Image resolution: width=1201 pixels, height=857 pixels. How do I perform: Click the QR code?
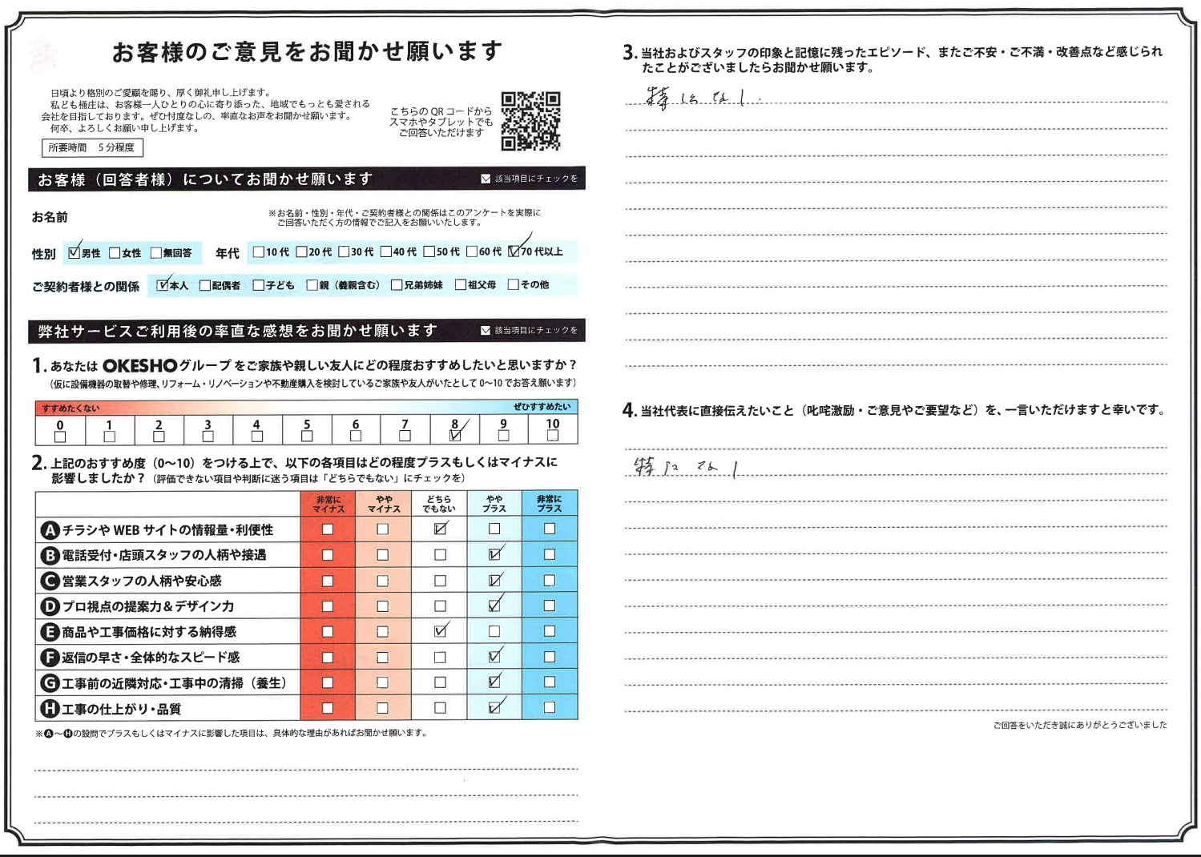coord(530,121)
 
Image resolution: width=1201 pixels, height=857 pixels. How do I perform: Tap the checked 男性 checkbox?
coord(75,253)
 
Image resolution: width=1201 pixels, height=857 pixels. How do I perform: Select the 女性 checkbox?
coord(115,253)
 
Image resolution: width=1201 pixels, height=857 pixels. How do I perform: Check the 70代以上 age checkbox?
coord(514,251)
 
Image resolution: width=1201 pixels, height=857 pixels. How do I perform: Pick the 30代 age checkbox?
coord(344,251)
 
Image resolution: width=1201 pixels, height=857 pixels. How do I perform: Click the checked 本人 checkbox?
coord(163,285)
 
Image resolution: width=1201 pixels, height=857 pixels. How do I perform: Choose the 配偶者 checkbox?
coord(205,285)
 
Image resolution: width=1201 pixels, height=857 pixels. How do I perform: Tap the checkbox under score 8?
coord(454,436)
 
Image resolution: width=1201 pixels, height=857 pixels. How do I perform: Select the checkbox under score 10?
coord(552,436)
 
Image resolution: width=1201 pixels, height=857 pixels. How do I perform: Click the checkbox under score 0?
coord(60,437)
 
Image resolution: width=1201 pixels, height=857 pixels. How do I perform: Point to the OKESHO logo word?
coord(139,366)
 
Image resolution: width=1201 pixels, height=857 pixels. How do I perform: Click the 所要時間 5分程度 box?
coord(92,147)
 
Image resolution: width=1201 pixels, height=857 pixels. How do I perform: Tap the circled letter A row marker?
coord(50,530)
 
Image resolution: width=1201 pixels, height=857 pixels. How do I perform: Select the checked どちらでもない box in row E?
coord(440,631)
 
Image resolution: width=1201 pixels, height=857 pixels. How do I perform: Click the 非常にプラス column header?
coord(549,504)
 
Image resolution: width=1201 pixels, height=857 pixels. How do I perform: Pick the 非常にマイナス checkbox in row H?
coord(328,708)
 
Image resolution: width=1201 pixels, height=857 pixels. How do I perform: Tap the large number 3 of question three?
coord(629,53)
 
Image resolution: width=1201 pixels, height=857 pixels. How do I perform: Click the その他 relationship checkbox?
coord(514,284)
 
